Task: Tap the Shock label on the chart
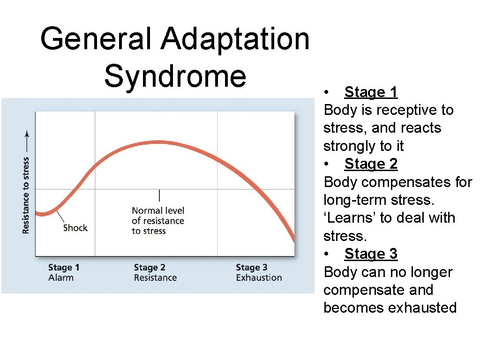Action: (x=75, y=228)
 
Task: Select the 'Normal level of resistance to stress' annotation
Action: (x=158, y=221)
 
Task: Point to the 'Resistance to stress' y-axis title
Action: (x=26, y=195)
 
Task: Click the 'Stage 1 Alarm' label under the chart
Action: (x=63, y=272)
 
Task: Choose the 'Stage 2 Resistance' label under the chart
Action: (x=155, y=272)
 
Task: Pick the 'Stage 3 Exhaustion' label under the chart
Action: (x=259, y=272)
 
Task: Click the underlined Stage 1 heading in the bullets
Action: (x=371, y=92)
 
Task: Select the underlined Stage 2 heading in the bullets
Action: (x=371, y=164)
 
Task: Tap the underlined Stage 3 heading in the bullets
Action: (x=371, y=254)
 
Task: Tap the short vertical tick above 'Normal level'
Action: (x=159, y=195)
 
